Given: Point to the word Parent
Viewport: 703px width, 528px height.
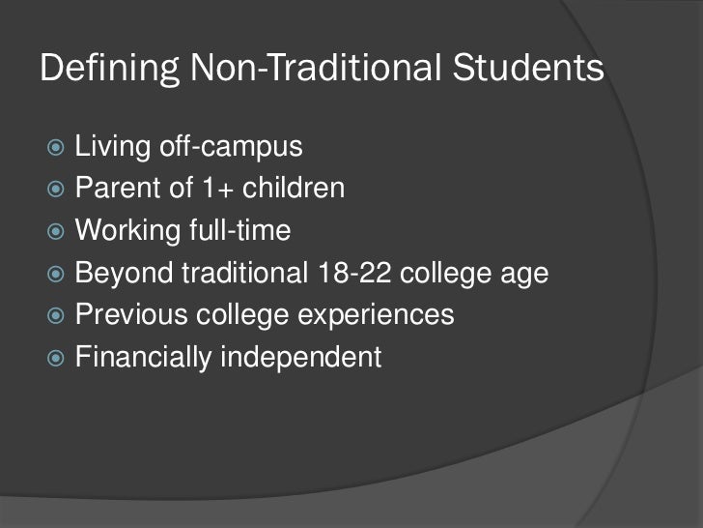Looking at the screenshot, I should point(112,184).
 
